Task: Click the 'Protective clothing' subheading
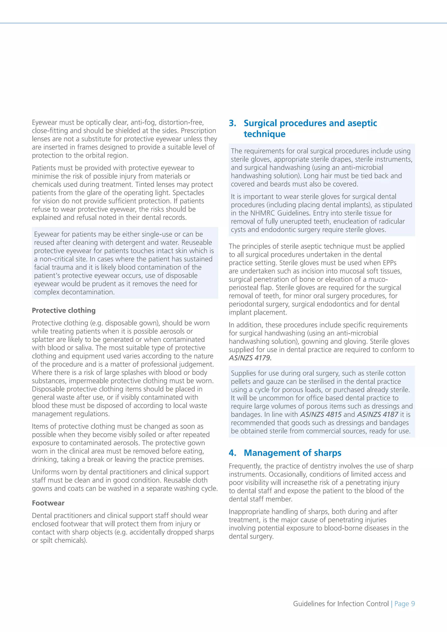64,310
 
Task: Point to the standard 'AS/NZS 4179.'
250,358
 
